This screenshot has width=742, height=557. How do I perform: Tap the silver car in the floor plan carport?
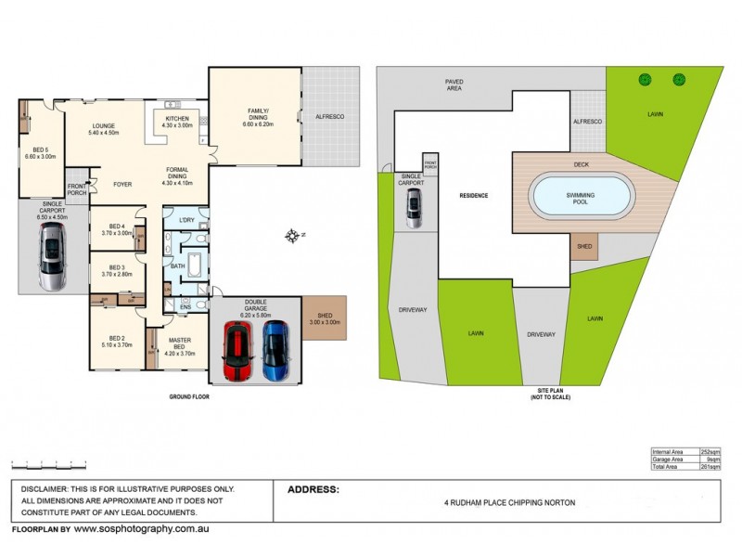click(x=53, y=255)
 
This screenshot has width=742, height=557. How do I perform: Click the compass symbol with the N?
click(x=294, y=237)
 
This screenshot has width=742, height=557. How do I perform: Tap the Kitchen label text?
click(x=178, y=122)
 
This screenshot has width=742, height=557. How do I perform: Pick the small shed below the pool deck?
click(x=584, y=247)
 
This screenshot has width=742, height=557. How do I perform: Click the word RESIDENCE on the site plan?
click(x=474, y=196)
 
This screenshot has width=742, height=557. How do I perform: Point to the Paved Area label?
click(x=453, y=85)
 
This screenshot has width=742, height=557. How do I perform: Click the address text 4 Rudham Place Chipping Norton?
click(x=509, y=502)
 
